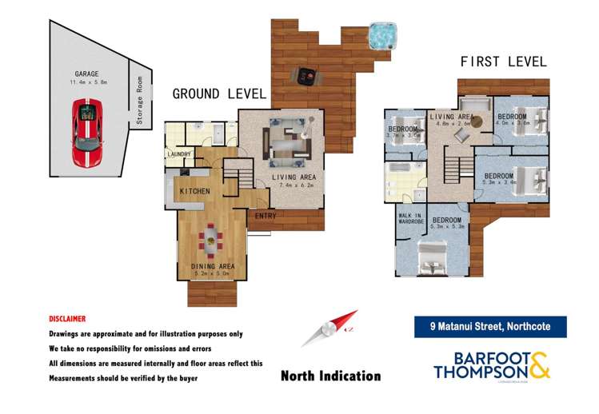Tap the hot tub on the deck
point(383,35)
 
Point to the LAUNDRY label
point(178,154)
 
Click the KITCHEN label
point(194,192)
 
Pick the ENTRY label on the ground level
point(266,216)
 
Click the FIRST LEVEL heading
point(503,62)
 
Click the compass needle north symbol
point(329,330)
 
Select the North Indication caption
point(330,375)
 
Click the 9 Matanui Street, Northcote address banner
point(490,326)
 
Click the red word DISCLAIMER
point(67,318)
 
